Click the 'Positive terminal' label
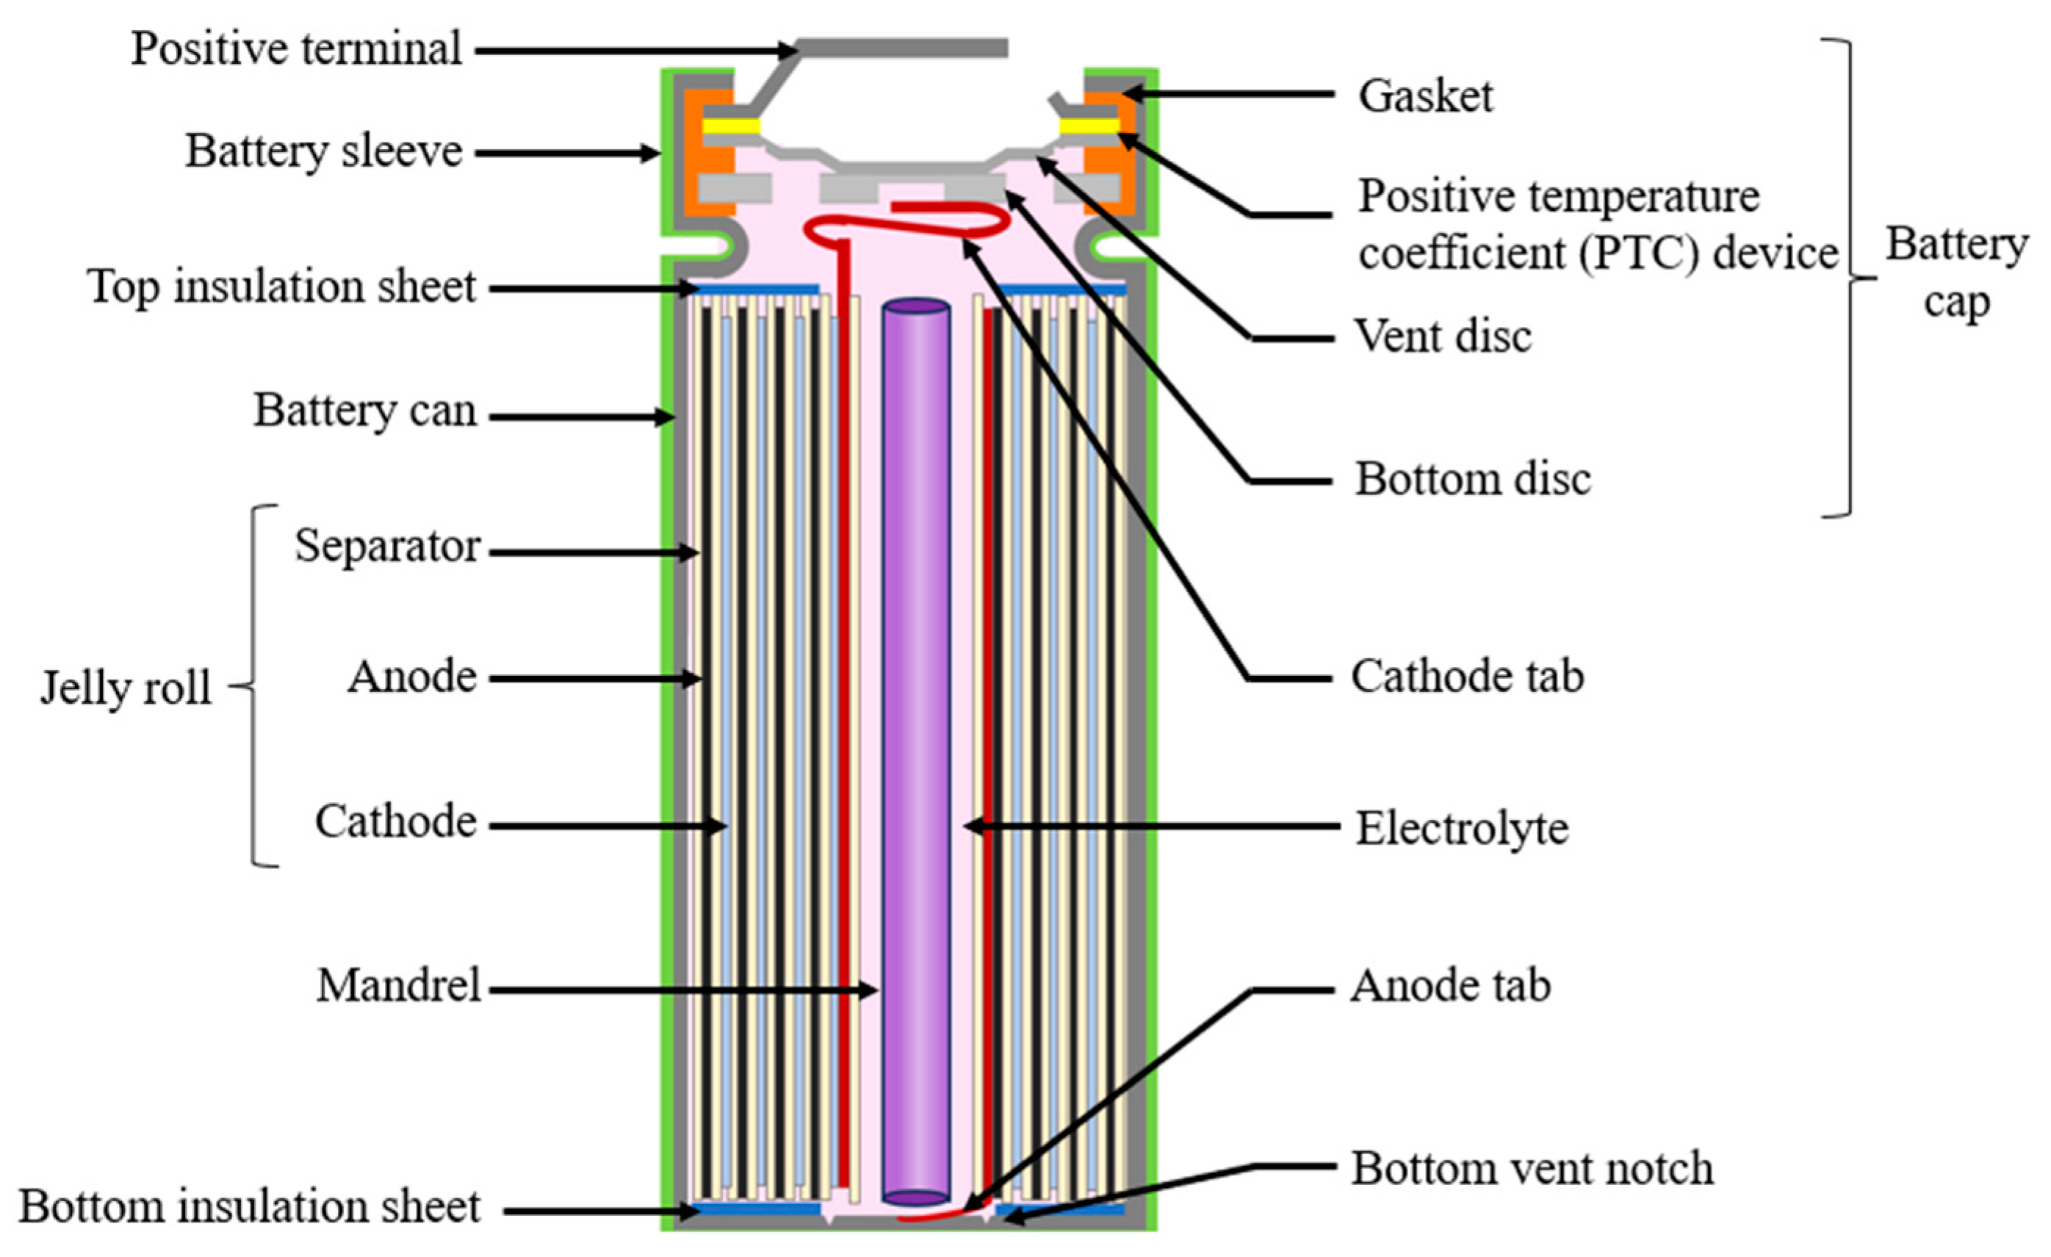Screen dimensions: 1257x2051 tap(296, 48)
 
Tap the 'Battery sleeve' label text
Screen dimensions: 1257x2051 tap(323, 151)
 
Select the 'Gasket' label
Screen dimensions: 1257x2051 tap(1426, 96)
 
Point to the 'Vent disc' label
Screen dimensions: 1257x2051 tap(1443, 336)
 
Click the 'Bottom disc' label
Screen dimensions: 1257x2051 tap(1472, 480)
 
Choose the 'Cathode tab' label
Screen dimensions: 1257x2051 tap(1467, 676)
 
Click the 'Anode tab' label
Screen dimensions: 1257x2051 tap(1450, 986)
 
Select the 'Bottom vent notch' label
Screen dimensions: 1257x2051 tap(1532, 1168)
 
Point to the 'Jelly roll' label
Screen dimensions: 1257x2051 tap(126, 688)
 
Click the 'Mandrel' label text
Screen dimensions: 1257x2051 tap(399, 986)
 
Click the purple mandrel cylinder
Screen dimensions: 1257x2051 tap(915, 749)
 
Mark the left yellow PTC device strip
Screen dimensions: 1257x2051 tap(732, 126)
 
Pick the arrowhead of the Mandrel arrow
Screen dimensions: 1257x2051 tap(870, 990)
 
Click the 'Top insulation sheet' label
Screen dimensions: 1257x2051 tap(281, 287)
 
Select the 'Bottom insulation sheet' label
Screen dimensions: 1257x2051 tap(250, 1206)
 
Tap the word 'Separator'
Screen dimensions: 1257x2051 tap(387, 547)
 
